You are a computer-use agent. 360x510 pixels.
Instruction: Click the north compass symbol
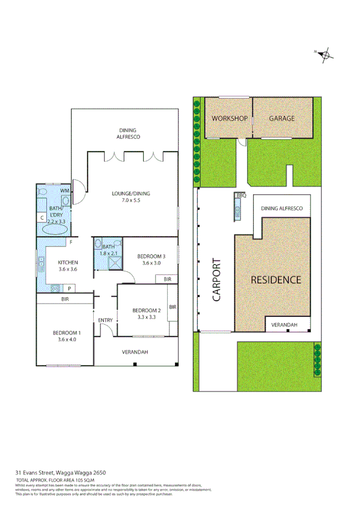click(325, 55)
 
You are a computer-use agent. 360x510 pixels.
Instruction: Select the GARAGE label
click(281, 118)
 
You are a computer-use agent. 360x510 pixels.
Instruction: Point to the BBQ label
click(241, 196)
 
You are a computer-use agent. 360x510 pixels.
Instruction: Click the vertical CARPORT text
click(218, 280)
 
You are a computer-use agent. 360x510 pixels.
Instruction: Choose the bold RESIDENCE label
click(276, 280)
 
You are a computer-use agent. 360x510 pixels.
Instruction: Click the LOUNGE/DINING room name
click(130, 193)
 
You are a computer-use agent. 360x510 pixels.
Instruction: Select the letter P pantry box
click(78, 288)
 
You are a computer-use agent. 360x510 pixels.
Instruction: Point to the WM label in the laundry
click(64, 191)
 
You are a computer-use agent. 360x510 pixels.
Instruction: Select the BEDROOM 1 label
click(64, 333)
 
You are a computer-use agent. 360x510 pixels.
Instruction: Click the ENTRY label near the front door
click(105, 320)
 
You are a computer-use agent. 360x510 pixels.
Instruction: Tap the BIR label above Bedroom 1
click(64, 299)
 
